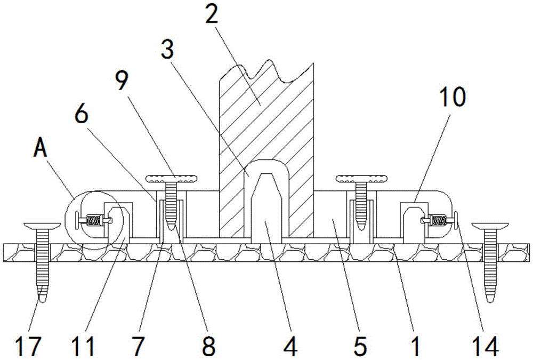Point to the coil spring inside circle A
94,219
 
